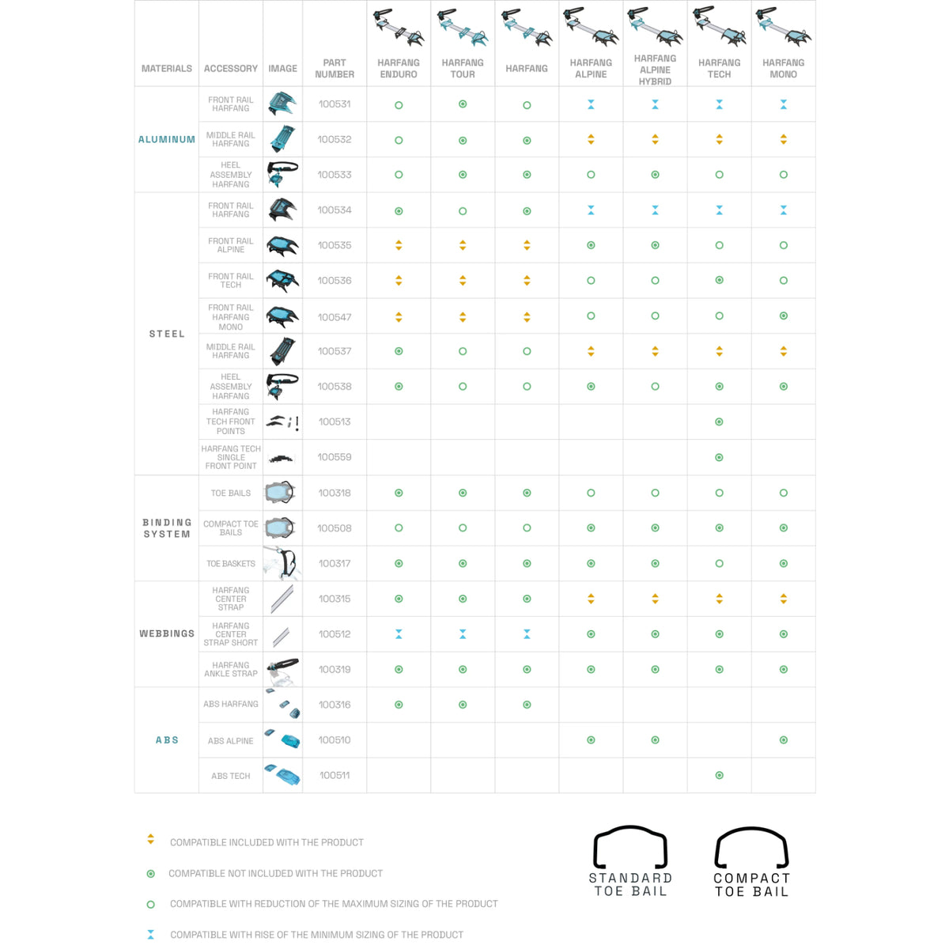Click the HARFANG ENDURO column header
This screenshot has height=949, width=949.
(399, 69)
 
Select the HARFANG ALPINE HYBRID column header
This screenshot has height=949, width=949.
(655, 70)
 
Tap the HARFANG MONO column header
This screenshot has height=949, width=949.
(783, 69)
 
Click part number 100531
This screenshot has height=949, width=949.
(335, 104)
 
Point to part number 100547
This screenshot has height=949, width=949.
(335, 317)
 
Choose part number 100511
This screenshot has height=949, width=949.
(335, 776)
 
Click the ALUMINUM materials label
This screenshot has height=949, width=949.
(167, 140)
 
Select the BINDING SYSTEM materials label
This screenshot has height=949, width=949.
(167, 528)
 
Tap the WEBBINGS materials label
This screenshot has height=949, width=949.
(167, 634)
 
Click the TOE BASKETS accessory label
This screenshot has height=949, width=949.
(231, 564)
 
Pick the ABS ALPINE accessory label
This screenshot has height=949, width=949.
(231, 741)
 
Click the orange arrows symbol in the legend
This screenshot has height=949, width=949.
(151, 840)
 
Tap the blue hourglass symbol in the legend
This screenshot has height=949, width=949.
(151, 935)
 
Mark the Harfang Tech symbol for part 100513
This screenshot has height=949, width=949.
(719, 422)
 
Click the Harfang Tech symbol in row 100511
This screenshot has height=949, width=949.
(719, 776)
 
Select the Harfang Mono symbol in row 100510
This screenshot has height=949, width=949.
(783, 740)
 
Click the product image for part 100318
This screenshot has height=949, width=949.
(282, 493)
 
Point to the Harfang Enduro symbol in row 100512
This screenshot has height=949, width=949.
(399, 634)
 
